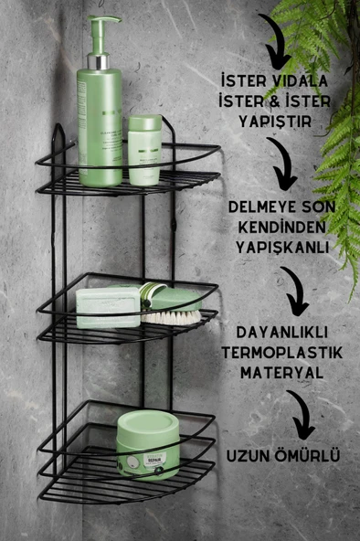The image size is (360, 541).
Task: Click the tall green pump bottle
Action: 100,119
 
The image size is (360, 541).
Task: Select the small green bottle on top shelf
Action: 144,148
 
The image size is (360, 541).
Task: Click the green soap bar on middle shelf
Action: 108,307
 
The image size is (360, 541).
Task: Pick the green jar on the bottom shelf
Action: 147,443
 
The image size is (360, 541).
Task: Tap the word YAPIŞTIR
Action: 282,119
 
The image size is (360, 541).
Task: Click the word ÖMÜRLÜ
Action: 305,454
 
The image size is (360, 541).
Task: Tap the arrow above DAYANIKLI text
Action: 294,291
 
